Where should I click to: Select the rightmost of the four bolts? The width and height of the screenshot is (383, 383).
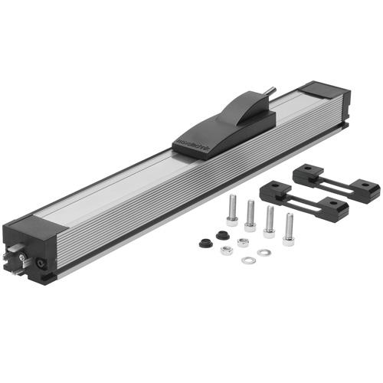click(289, 227)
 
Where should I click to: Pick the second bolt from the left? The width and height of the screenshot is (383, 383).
click(250, 214)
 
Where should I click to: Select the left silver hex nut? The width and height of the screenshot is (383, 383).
click(226, 250)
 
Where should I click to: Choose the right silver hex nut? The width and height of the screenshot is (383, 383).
click(243, 243)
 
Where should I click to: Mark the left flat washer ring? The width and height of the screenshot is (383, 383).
click(247, 260)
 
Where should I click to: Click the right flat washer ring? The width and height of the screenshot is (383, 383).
click(264, 252)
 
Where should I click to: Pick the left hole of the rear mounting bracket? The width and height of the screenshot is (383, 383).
click(308, 172)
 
